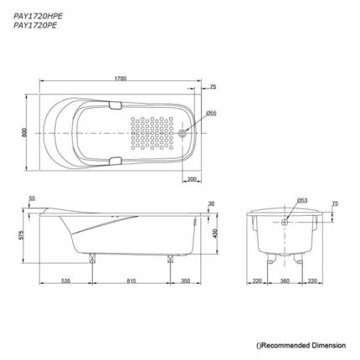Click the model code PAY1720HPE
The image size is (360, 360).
(38, 16)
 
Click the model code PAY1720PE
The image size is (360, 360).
(35, 25)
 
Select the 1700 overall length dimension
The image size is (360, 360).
(121, 79)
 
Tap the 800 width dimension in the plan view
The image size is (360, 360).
(24, 132)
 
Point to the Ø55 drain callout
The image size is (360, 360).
(211, 113)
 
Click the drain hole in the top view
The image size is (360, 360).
(183, 133)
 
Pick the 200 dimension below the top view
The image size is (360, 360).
(192, 179)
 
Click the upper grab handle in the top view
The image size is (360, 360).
(115, 105)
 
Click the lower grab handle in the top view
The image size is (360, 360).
(115, 161)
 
